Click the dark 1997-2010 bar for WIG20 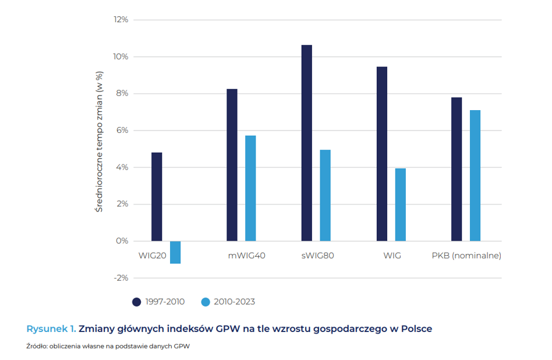click(157, 197)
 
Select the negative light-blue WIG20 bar click(175, 252)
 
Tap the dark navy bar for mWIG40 click(232, 165)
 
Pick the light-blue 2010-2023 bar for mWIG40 click(250, 188)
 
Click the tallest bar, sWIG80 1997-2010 click(307, 143)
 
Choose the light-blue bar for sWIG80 click(325, 195)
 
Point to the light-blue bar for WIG click(400, 204)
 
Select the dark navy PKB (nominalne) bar click(457, 169)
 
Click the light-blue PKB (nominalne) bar click(475, 175)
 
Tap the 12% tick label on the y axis click(121, 20)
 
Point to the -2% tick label click(120, 278)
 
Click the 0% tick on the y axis click(122, 241)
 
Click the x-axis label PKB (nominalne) click(466, 256)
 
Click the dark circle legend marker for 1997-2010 click(137, 302)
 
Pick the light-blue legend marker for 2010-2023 click(205, 302)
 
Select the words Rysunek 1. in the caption click(51, 329)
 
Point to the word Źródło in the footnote click(37, 346)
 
